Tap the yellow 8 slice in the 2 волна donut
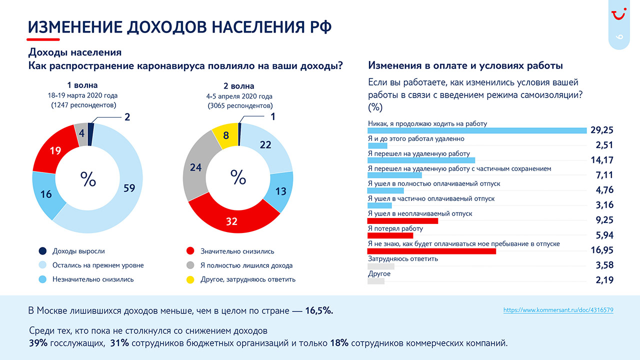click(x=225, y=135)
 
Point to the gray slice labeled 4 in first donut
click(x=81, y=133)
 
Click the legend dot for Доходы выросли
click(x=42, y=251)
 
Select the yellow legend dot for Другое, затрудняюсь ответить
click(x=190, y=279)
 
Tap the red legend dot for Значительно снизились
click(x=190, y=251)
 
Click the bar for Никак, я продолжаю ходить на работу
click(x=477, y=130)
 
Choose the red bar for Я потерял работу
click(x=390, y=235)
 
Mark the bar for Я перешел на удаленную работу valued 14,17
click(x=421, y=160)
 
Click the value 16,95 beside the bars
click(x=602, y=250)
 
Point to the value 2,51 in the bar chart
click(x=604, y=145)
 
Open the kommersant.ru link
click(x=558, y=310)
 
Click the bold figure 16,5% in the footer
click(x=319, y=310)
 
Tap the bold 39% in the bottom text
click(x=38, y=343)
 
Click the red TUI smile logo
click(x=619, y=14)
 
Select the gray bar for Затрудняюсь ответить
click(x=381, y=266)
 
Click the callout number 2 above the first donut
click(x=127, y=117)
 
